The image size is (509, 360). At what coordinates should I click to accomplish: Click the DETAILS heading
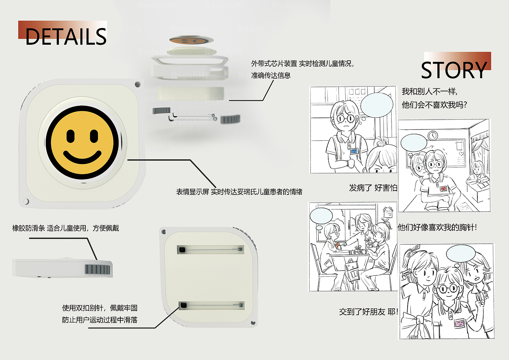point(66,37)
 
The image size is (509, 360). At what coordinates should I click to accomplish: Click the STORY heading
point(454,71)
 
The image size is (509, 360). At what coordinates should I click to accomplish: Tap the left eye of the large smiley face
point(71,136)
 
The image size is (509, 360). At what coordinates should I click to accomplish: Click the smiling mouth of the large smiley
point(82,157)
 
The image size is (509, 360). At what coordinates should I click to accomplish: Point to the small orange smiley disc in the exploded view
point(192,40)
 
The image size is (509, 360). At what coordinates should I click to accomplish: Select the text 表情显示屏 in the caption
point(192,192)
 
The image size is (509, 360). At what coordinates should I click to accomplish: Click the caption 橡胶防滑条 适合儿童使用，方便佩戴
point(66,228)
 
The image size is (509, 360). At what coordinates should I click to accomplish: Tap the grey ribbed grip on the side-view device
point(97,269)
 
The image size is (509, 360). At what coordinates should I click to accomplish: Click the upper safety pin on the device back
point(211,249)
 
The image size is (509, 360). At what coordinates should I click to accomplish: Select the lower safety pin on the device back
point(211,305)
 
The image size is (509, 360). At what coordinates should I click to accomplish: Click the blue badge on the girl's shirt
point(354,151)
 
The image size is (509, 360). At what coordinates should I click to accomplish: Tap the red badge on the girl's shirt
point(443,188)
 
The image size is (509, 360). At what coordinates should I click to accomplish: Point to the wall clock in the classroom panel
point(433,135)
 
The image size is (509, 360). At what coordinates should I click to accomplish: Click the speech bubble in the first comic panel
point(377,105)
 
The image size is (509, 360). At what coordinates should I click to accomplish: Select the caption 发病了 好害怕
point(373,188)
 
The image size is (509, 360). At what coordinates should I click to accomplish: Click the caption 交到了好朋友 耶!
point(368,312)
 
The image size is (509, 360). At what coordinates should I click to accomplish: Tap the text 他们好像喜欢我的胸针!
point(437,227)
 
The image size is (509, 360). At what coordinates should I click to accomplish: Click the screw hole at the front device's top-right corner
point(137,84)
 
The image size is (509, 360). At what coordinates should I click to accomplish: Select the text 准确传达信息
point(271,75)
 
